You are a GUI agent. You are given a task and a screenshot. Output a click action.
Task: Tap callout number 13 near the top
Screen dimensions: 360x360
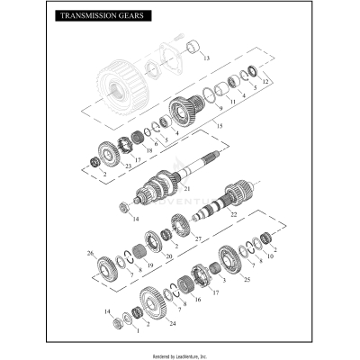point(206,58)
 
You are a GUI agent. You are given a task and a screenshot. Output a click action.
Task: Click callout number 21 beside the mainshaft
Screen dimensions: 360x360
point(187,188)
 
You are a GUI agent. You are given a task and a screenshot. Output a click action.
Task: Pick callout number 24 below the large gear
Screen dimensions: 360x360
point(172,322)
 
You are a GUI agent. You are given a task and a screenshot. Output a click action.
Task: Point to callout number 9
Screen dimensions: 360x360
point(219,108)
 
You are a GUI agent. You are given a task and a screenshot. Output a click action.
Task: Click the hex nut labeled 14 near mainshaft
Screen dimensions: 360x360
point(125,208)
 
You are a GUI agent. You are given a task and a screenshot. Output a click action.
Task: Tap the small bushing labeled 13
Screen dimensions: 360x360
point(192,46)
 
